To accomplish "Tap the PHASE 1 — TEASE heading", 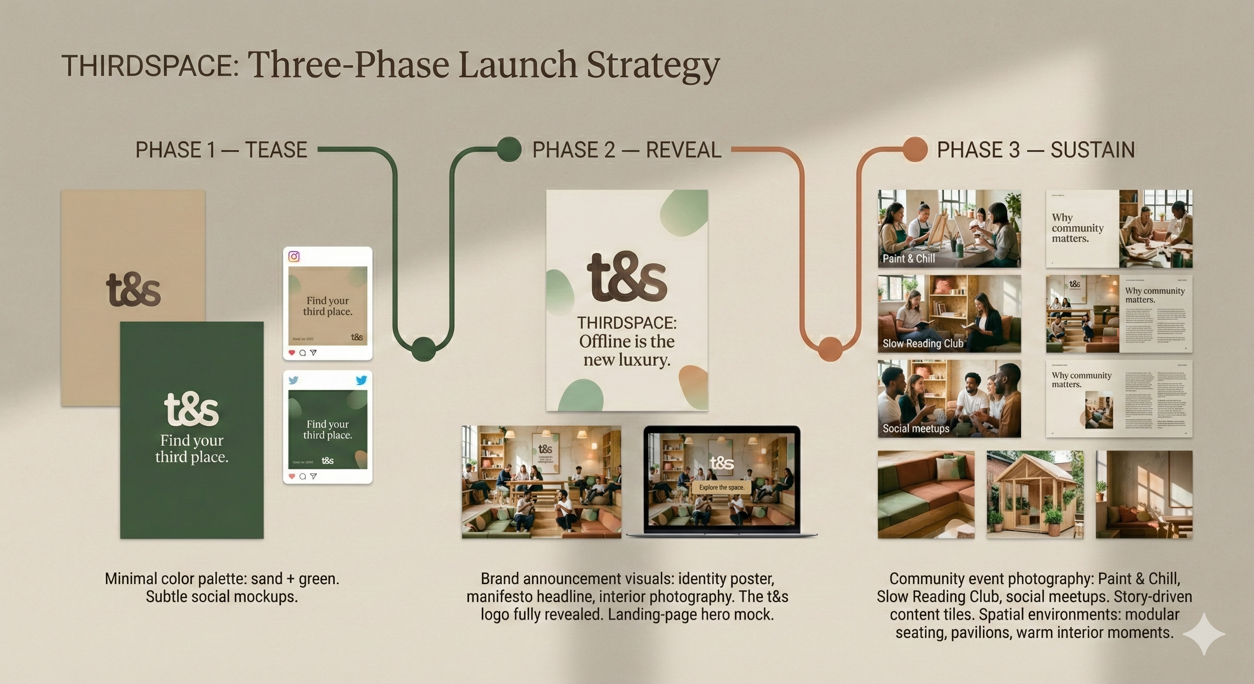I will (x=221, y=150).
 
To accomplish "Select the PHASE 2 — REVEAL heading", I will (x=627, y=150).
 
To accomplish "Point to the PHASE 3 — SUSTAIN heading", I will (x=1036, y=150).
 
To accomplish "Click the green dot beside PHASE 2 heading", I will (x=509, y=149).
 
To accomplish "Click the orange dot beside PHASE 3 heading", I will (x=915, y=149).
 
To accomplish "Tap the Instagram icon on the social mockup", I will (x=294, y=256).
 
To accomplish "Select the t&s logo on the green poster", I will (x=191, y=408).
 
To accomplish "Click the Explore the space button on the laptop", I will (x=721, y=487).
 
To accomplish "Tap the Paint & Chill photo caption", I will (x=908, y=259).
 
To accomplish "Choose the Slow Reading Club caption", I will (x=923, y=343).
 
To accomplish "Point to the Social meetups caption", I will (x=916, y=428).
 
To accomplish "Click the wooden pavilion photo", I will (x=1035, y=494).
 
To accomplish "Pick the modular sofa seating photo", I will (x=926, y=494).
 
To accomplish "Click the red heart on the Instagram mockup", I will (x=292, y=353).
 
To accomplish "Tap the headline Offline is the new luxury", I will (x=627, y=350).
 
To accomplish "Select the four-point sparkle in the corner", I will (x=1203, y=634).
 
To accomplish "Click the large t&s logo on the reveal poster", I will (x=627, y=277).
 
